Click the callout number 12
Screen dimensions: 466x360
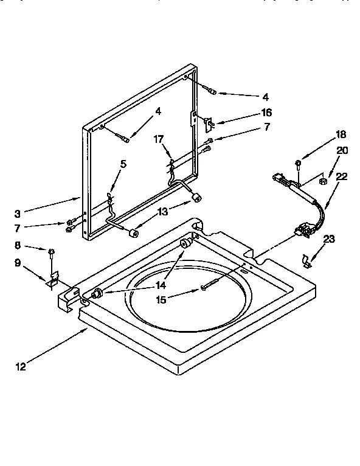[22, 366]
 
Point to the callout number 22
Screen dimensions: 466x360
[342, 176]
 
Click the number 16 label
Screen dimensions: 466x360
[266, 113]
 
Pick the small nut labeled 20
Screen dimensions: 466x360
[324, 180]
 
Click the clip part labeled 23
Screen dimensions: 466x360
[307, 261]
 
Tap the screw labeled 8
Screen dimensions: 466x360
[52, 251]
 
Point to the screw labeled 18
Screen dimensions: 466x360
[298, 164]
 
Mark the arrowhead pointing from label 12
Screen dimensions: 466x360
[88, 329]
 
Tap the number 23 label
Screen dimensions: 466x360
[329, 240]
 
